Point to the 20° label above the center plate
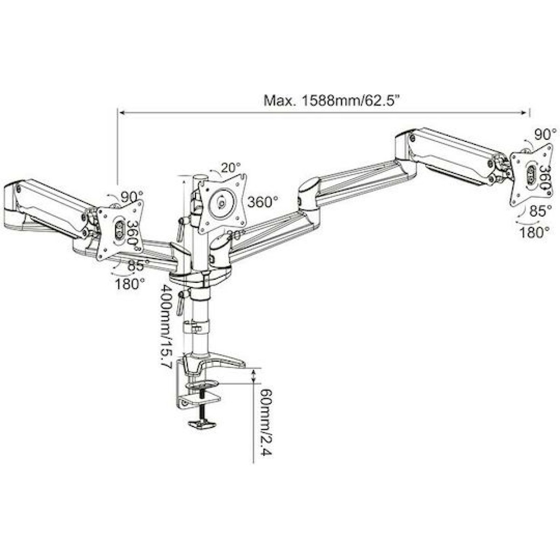pyautogui.click(x=231, y=167)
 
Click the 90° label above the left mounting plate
pyautogui.click(x=132, y=196)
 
